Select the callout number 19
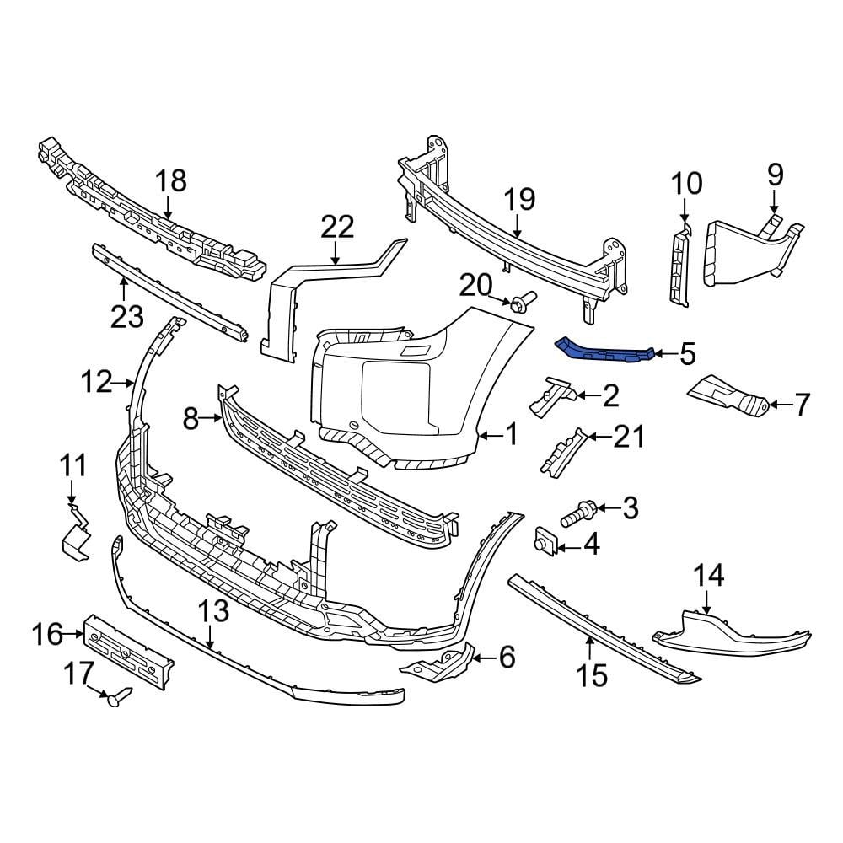pyautogui.click(x=519, y=200)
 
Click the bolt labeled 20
pyautogui.click(x=520, y=302)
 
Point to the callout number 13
pyautogui.click(x=215, y=613)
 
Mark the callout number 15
pyautogui.click(x=593, y=674)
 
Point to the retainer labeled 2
pyautogui.click(x=553, y=395)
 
